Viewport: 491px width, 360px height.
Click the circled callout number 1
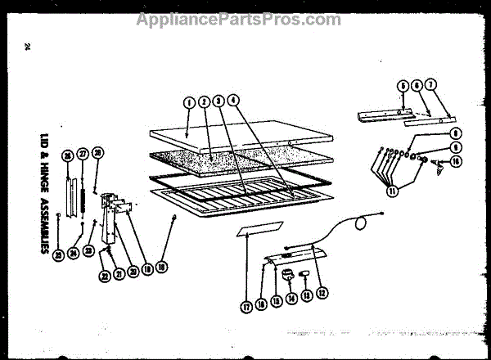pyautogui.click(x=188, y=103)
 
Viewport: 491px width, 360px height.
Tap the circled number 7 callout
pyautogui.click(x=430, y=85)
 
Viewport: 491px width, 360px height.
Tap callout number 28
pyautogui.click(x=98, y=152)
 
